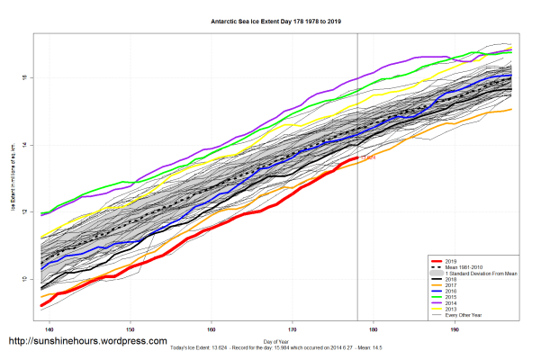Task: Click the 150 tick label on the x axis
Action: (x=131, y=331)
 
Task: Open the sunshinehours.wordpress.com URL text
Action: (x=87, y=342)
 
